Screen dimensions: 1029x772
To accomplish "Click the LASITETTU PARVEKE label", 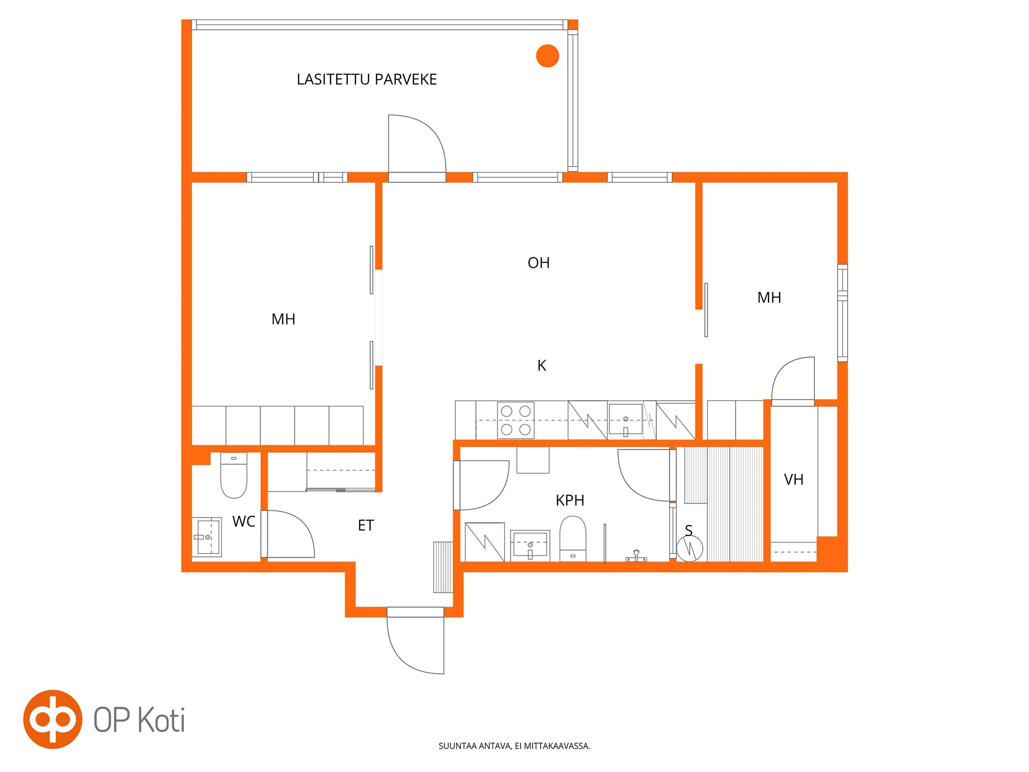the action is tap(367, 79).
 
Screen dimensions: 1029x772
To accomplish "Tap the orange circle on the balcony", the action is tap(548, 56).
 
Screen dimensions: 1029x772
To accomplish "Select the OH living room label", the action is tap(538, 263).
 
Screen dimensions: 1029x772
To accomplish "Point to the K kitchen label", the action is tap(542, 366).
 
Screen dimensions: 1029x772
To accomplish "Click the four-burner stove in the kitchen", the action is tap(516, 420).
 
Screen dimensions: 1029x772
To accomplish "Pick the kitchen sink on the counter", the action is tap(626, 420).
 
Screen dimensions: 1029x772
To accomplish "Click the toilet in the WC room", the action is tap(234, 475).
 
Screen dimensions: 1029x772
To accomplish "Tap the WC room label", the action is tap(244, 522).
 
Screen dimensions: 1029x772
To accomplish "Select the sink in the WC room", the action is tap(207, 537).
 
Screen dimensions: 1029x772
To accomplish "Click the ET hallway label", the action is tap(366, 525).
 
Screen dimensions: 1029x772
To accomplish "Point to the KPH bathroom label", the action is tap(570, 500).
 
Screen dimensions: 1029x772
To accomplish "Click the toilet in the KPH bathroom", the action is tap(573, 538).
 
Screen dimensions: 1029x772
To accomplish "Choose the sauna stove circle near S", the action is tap(689, 548).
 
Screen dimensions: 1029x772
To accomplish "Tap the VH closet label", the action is tap(794, 480).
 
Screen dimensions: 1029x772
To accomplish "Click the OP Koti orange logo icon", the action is tap(53, 719).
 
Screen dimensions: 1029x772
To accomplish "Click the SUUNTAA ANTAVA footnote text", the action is tap(514, 746).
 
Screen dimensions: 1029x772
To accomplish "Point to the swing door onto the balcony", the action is tap(417, 143).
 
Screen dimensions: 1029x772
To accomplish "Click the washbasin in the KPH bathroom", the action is tap(530, 546).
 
